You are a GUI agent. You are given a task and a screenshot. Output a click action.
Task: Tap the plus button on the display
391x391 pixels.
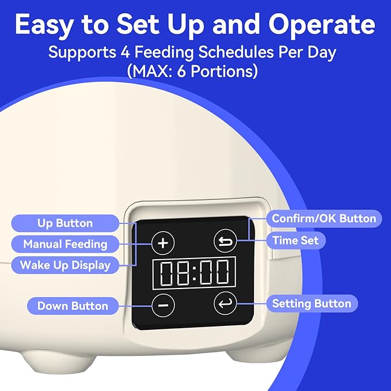(163, 242)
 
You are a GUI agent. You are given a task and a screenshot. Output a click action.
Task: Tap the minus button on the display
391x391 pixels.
(163, 303)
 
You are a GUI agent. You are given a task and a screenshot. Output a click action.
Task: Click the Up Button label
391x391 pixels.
(65, 223)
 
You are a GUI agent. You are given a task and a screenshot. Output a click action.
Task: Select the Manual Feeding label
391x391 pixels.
(65, 244)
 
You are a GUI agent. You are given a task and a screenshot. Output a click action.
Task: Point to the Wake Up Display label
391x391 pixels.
(65, 265)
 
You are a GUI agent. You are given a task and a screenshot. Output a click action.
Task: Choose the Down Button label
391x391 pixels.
(73, 306)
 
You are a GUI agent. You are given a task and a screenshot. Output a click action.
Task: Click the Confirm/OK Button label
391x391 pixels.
(324, 219)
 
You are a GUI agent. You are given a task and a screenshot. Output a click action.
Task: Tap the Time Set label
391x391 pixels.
(296, 240)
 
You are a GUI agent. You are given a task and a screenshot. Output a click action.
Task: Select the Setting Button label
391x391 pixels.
(311, 303)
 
